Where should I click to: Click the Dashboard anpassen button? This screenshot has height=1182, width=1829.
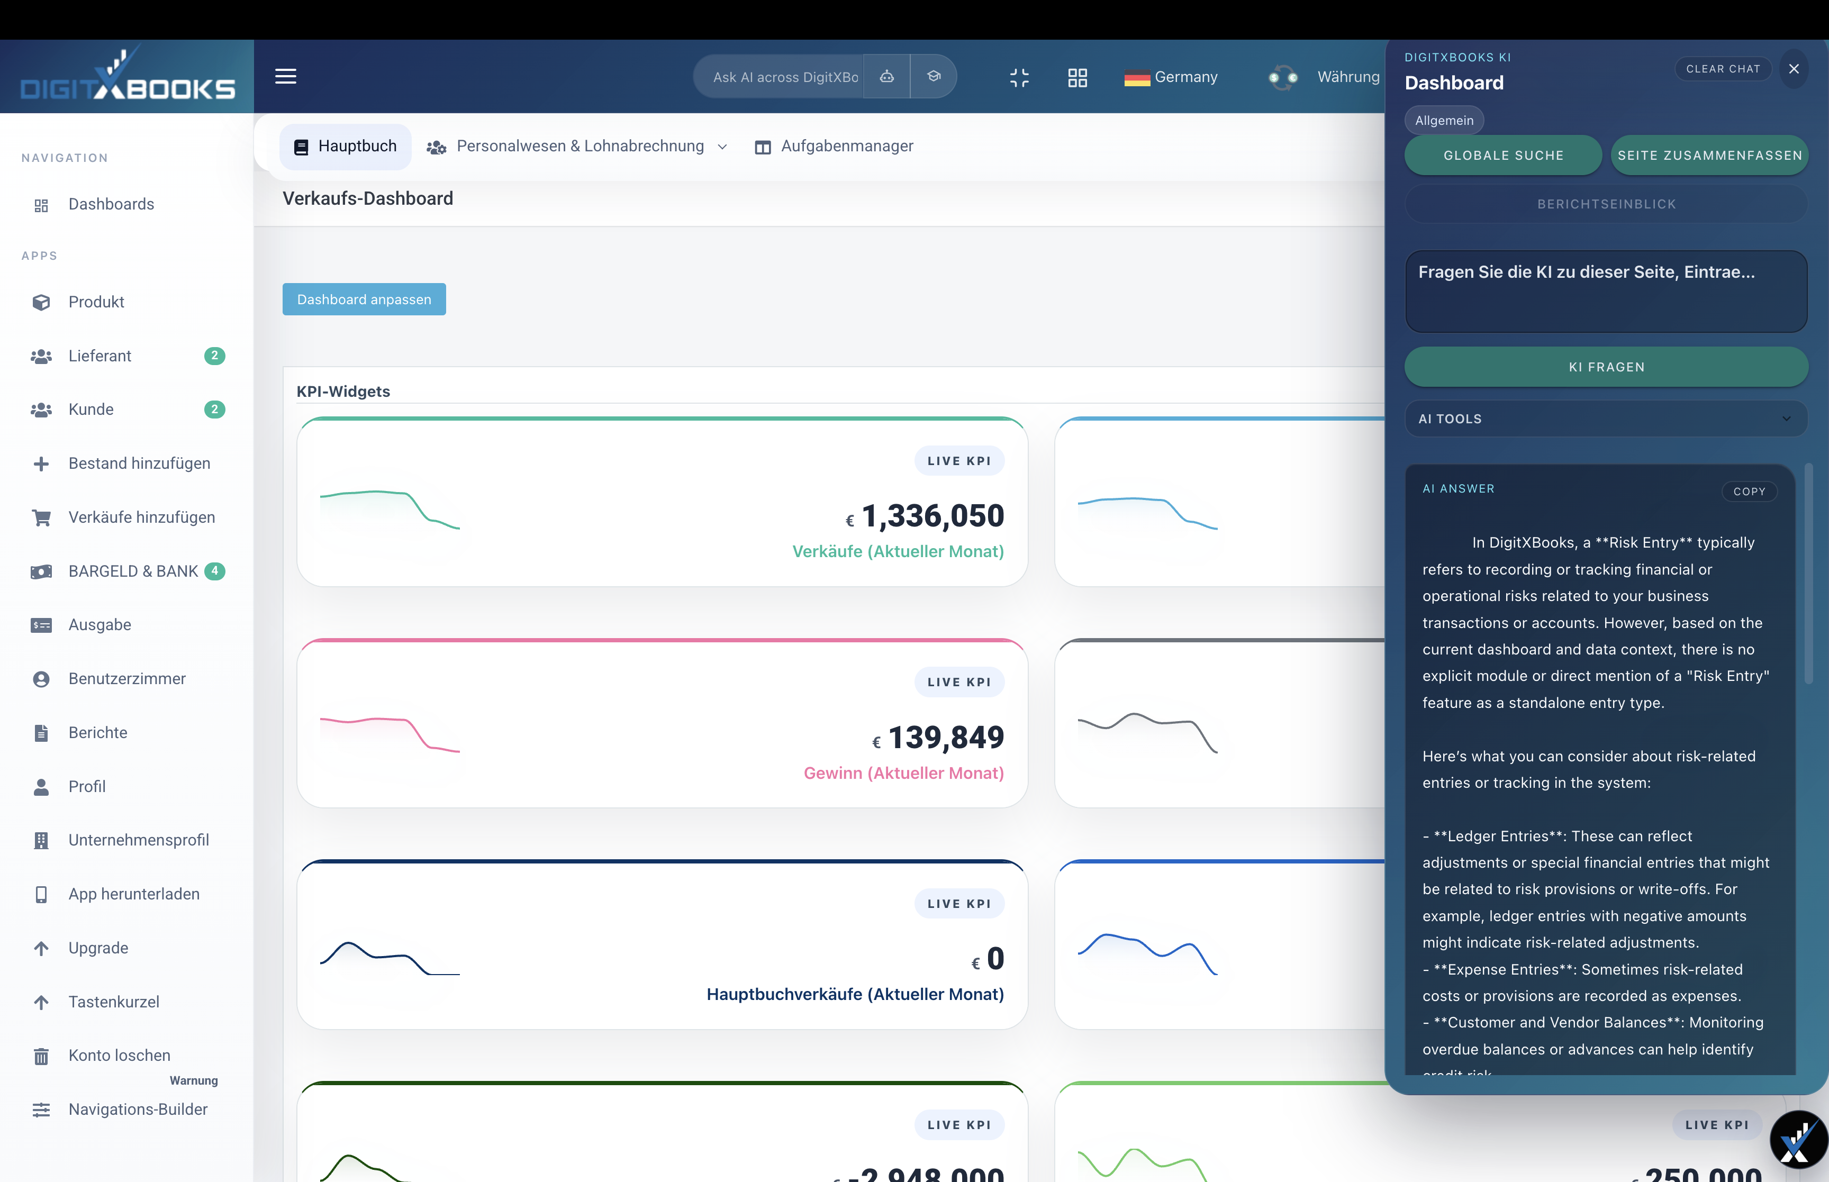364,299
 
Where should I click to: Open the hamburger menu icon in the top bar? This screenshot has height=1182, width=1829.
286,76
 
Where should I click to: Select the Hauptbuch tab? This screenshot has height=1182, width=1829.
346,146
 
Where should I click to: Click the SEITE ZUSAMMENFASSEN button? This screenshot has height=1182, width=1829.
1709,155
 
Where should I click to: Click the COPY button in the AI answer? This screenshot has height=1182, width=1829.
1749,491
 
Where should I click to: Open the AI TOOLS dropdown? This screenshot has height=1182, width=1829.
1606,419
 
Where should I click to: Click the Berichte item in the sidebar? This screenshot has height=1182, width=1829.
97,732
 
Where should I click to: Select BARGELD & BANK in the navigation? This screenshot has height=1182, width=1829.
133,571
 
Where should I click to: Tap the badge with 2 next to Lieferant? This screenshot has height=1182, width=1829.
215,356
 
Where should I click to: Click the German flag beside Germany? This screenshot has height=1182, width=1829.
1137,78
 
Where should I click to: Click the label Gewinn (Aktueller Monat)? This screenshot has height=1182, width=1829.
903,773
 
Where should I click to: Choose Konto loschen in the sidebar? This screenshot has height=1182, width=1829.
119,1056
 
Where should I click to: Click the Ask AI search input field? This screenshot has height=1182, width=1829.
784,77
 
